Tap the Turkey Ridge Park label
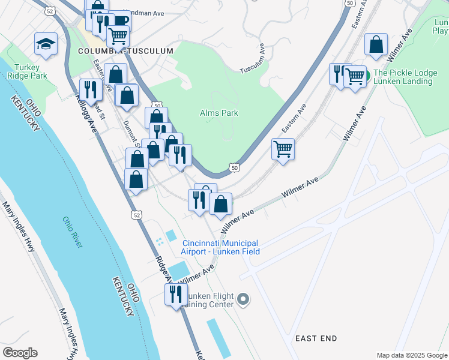tap(26, 72)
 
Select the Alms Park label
tap(218, 113)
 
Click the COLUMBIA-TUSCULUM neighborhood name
tap(125, 52)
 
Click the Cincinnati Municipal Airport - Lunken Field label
tap(221, 247)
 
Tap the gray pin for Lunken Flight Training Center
tap(243, 299)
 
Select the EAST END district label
tap(316, 339)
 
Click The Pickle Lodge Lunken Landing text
tap(405, 77)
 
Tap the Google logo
tap(20, 353)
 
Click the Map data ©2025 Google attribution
tap(411, 355)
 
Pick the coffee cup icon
tap(121, 20)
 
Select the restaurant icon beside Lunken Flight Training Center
tap(176, 294)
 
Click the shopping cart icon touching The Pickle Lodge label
tap(355, 76)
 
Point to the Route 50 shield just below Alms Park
tap(235, 168)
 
